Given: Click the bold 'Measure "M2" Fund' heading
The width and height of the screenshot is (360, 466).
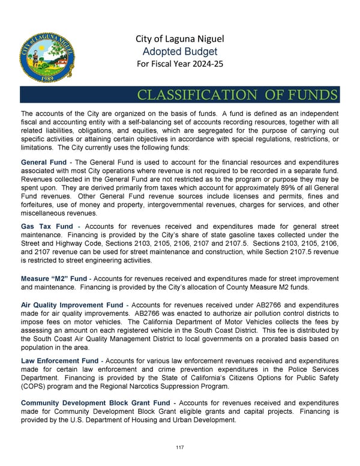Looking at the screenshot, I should (x=53, y=279).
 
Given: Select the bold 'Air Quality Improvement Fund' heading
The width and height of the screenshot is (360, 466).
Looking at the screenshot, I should (x=72, y=306).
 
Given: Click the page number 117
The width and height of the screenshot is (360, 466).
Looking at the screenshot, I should (x=180, y=447).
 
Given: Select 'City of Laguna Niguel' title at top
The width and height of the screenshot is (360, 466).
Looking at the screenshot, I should (x=179, y=40).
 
